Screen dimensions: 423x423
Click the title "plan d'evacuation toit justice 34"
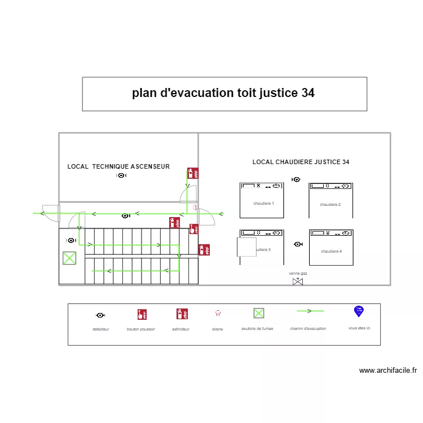coord(223,93)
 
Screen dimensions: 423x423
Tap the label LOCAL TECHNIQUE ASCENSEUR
coord(118,166)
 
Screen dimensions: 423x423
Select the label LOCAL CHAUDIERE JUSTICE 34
coord(301,162)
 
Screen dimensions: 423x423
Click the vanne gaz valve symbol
coord(297,281)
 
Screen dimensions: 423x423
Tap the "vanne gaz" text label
coord(298,273)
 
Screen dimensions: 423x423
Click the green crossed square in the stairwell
coord(69,258)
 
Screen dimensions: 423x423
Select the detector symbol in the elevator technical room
coord(121,175)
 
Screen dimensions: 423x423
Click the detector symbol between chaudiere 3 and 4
coord(298,244)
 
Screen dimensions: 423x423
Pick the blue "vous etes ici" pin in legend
coord(358,311)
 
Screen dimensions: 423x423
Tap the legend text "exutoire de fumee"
coord(257,328)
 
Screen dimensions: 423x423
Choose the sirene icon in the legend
coord(218,312)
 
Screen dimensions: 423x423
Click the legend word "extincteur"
coord(181,328)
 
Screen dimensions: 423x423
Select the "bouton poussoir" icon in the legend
coord(142,314)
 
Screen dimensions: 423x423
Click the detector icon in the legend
coord(100,315)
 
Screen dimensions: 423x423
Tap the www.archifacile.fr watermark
coord(387,371)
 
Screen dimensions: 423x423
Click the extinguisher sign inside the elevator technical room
coord(192,173)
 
